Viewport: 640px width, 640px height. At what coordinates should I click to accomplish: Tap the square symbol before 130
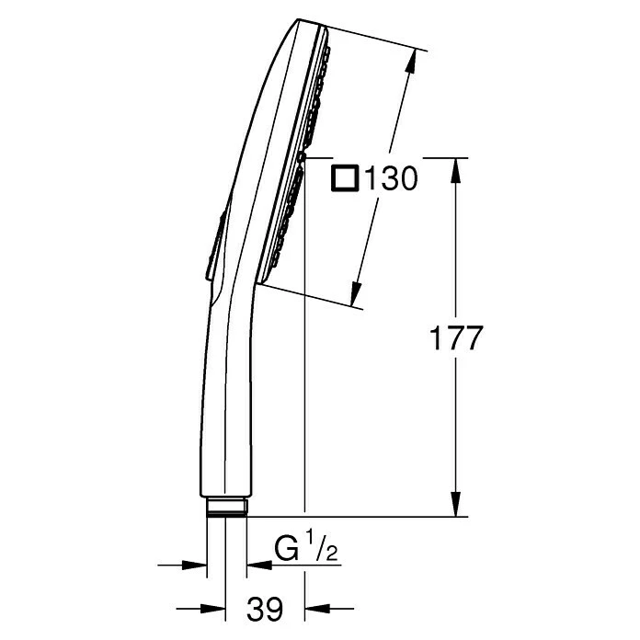coord(346,177)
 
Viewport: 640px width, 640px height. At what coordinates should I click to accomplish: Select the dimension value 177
coord(457,338)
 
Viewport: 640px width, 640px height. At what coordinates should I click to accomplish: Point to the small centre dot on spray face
coord(301,158)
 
